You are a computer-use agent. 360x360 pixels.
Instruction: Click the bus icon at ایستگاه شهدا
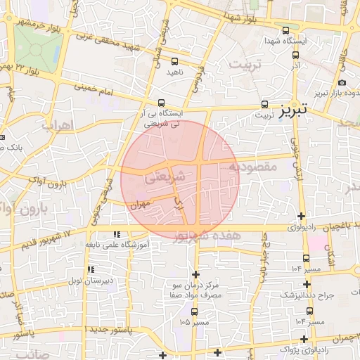(x=285, y=30)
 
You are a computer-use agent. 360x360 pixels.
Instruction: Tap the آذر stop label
(x=295, y=65)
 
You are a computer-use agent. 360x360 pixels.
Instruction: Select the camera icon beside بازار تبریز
(x=342, y=82)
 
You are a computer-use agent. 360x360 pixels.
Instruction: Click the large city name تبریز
(x=295, y=110)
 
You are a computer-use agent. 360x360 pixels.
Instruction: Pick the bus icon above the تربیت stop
(x=265, y=103)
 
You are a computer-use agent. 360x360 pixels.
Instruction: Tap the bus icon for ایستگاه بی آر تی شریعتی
(x=162, y=103)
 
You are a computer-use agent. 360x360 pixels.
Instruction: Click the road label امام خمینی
(x=109, y=91)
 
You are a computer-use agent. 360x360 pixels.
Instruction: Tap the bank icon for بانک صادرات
(x=4, y=137)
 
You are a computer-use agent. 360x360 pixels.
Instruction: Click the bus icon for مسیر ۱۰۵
(x=195, y=312)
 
